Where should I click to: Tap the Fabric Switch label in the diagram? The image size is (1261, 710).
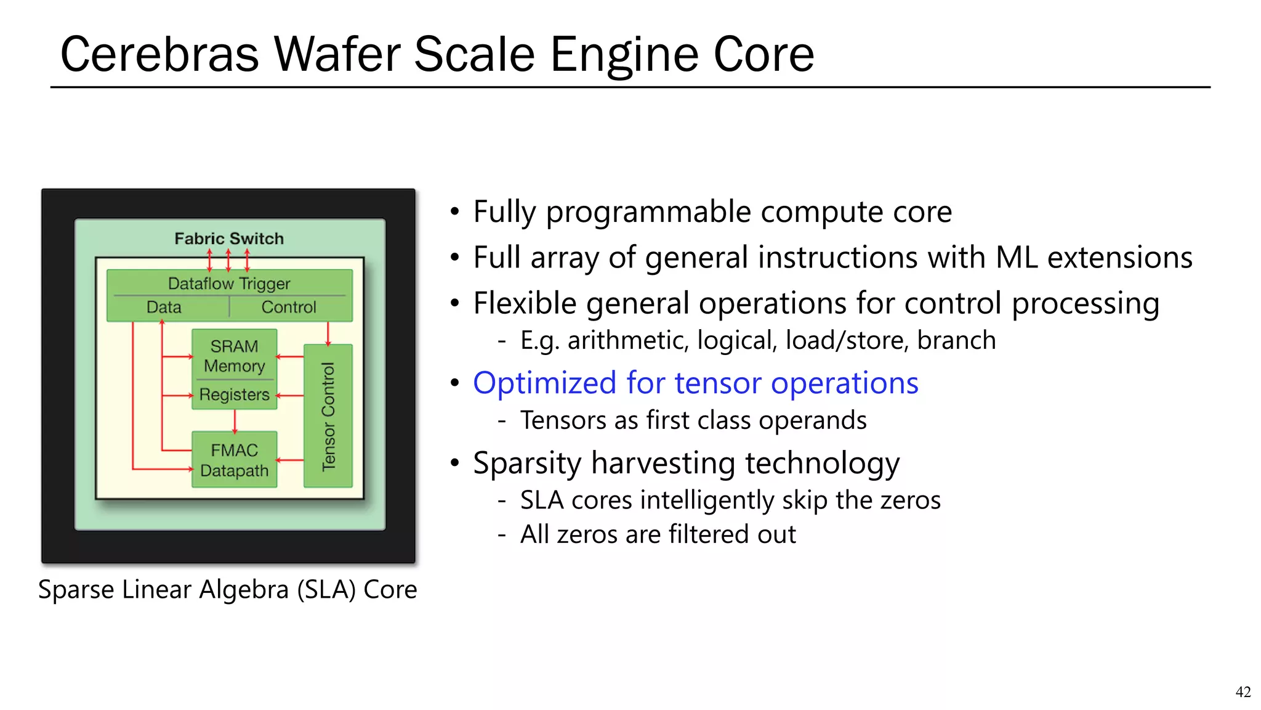click(229, 239)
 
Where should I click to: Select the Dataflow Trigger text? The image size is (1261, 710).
click(229, 284)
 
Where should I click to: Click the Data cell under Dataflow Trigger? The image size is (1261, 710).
click(164, 307)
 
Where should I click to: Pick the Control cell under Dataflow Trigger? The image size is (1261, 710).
click(288, 307)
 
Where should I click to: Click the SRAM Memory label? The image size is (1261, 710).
click(234, 356)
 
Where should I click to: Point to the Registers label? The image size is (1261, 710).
click(234, 394)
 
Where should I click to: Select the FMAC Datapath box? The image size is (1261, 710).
click(234, 460)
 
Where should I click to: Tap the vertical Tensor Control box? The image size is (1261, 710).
click(328, 416)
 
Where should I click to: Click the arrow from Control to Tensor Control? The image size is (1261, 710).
click(328, 333)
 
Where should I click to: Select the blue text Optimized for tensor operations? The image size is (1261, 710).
click(695, 383)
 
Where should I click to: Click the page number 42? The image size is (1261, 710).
click(1243, 692)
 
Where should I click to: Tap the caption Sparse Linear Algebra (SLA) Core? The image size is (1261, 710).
click(227, 589)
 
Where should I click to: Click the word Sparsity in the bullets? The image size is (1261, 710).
click(527, 463)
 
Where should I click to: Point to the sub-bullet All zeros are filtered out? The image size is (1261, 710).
click(658, 534)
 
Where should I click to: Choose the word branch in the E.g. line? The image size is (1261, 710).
click(956, 340)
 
